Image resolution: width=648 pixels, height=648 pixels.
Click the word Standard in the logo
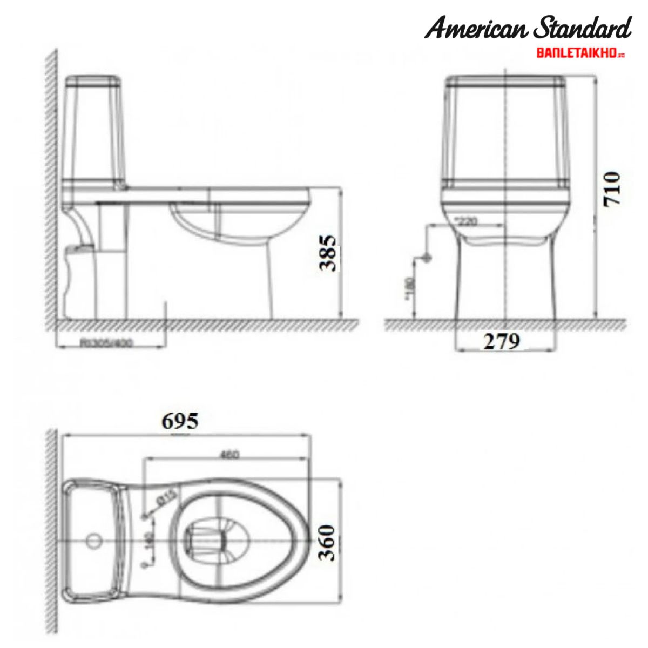(582, 29)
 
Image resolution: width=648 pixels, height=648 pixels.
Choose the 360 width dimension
(327, 542)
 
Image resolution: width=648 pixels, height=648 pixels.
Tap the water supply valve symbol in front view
(427, 258)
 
